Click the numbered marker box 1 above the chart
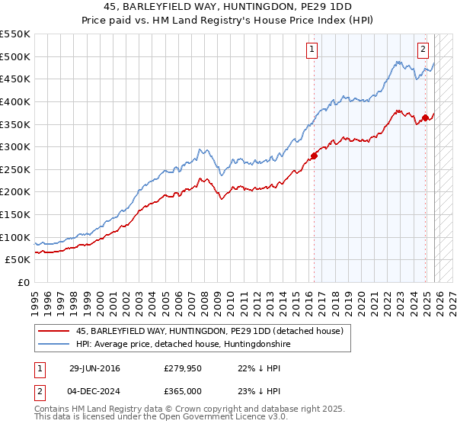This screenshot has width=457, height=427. point(312,50)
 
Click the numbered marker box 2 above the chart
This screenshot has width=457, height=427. point(423,50)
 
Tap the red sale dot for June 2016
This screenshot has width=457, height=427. point(314,156)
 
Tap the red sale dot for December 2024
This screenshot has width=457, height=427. point(425,117)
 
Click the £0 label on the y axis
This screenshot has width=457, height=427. point(24,283)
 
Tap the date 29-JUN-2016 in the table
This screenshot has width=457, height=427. point(94,368)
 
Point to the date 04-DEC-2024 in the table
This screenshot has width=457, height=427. point(94,390)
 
